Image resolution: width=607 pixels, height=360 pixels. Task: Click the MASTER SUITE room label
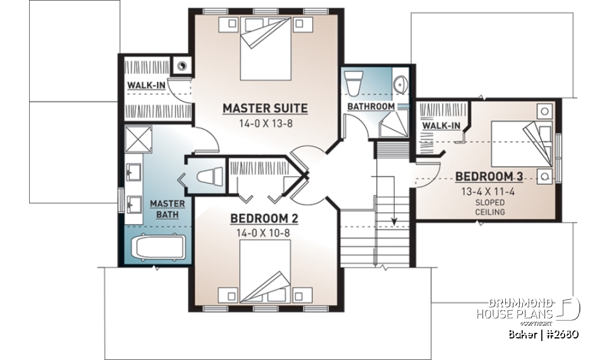(x=265, y=108)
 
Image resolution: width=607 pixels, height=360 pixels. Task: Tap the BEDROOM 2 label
(x=264, y=218)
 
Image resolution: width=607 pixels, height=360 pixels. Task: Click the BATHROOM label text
(x=371, y=107)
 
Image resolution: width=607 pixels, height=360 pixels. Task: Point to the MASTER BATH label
(x=167, y=209)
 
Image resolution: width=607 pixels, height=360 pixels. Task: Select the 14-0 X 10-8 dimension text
(x=264, y=232)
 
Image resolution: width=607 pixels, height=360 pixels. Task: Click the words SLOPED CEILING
(x=490, y=207)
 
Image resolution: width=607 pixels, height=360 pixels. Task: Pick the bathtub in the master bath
(x=158, y=248)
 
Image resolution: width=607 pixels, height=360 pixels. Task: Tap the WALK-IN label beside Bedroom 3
(x=441, y=126)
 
